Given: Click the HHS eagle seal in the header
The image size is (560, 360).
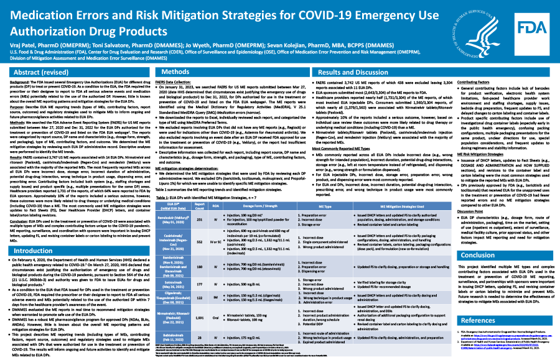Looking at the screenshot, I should click(x=490, y=30).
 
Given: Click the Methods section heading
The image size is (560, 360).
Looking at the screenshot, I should click(x=167, y=73).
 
